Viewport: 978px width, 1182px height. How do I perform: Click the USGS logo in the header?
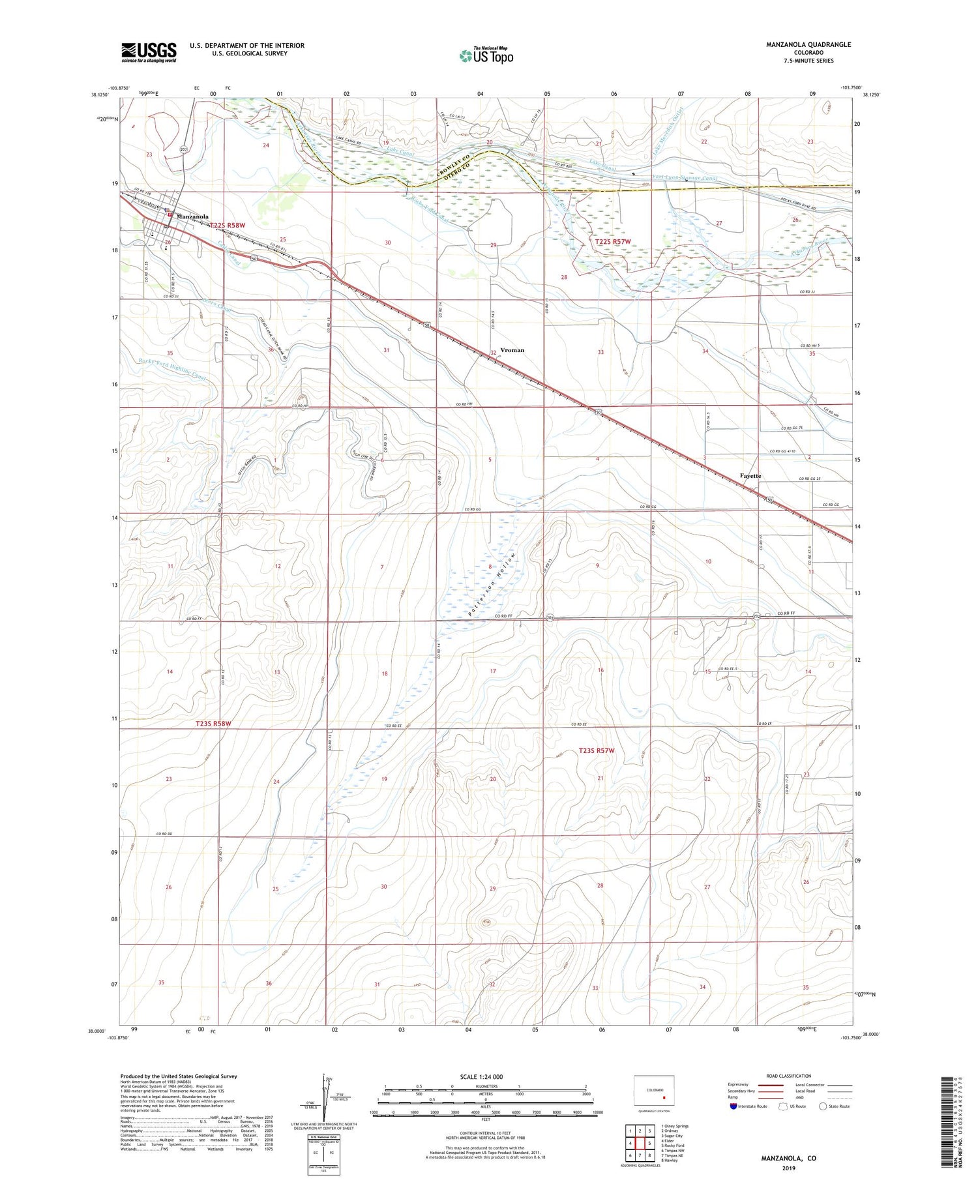(149, 52)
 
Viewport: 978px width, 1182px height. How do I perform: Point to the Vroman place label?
(512, 350)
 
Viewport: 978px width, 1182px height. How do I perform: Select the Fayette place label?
(750, 476)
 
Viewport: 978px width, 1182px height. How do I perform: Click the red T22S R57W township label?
(614, 242)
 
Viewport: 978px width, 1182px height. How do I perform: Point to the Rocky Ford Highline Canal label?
(173, 369)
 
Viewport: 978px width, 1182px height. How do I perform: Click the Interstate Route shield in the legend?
(733, 1106)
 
